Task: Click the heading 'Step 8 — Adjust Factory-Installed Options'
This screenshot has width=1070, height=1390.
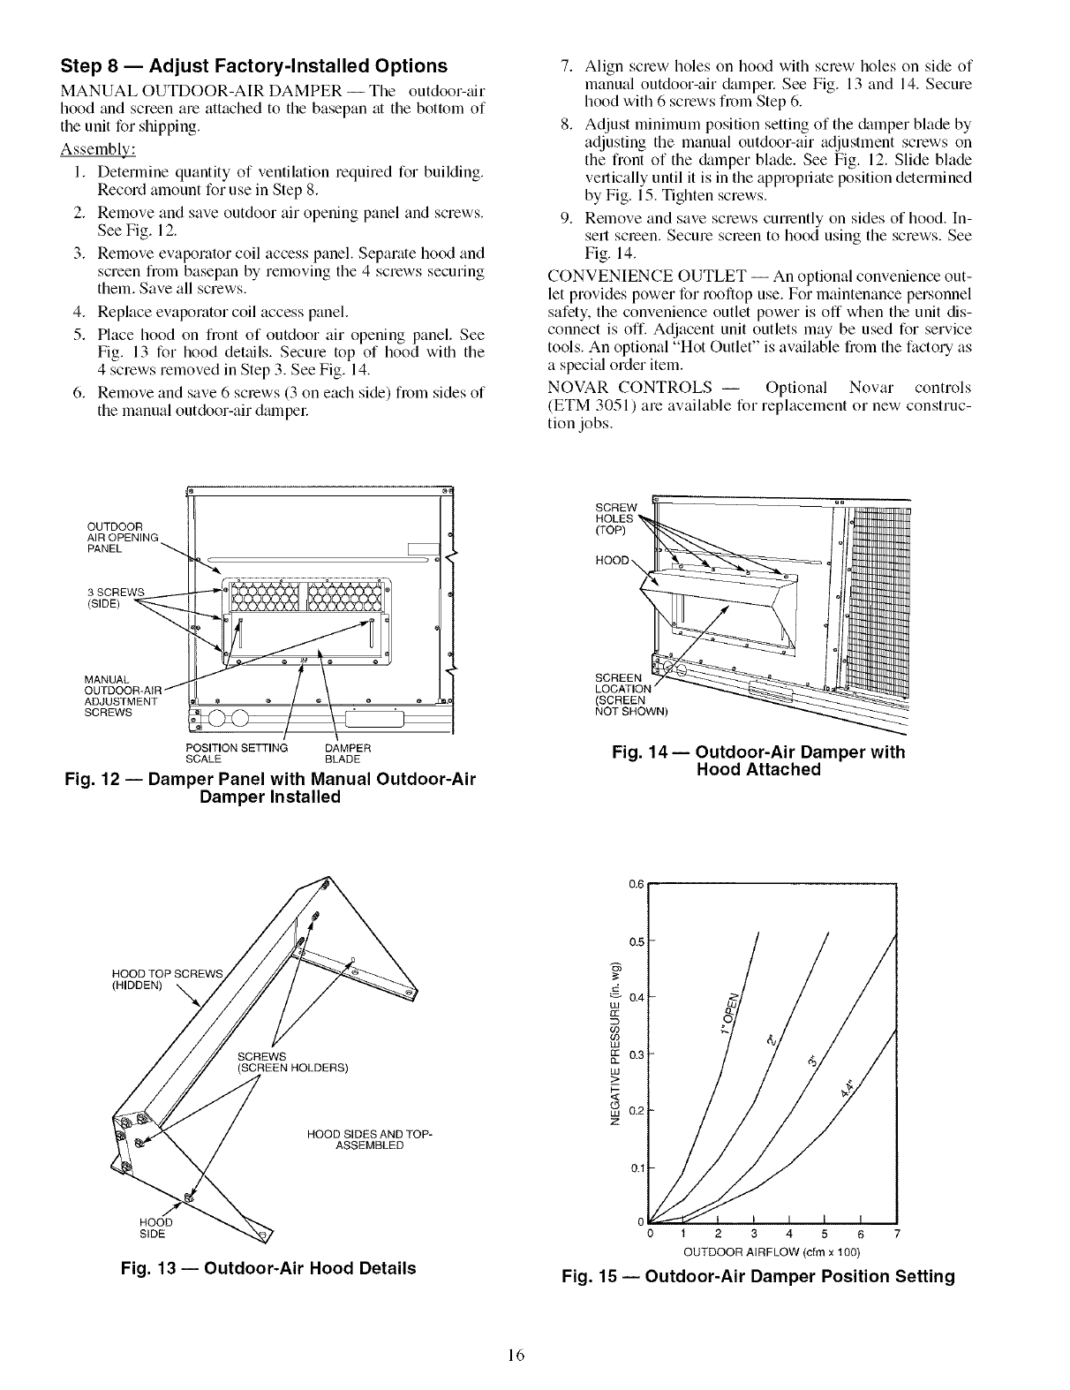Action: [253, 66]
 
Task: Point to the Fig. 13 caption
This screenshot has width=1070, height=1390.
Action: [268, 1269]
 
